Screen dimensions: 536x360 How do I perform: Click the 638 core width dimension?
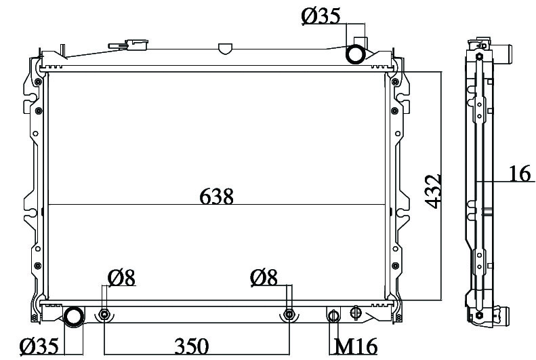(216, 196)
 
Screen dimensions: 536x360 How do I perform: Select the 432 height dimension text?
(433, 191)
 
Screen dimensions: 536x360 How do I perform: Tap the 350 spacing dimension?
(191, 346)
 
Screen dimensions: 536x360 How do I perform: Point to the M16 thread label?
(356, 346)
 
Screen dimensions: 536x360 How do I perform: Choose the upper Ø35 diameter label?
(321, 16)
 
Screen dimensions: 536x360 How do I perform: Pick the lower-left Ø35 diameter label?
(39, 346)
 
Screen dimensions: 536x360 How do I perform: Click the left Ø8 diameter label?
(122, 277)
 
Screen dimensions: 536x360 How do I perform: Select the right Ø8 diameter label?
(264, 277)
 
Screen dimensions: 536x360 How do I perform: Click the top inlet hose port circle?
(355, 54)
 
